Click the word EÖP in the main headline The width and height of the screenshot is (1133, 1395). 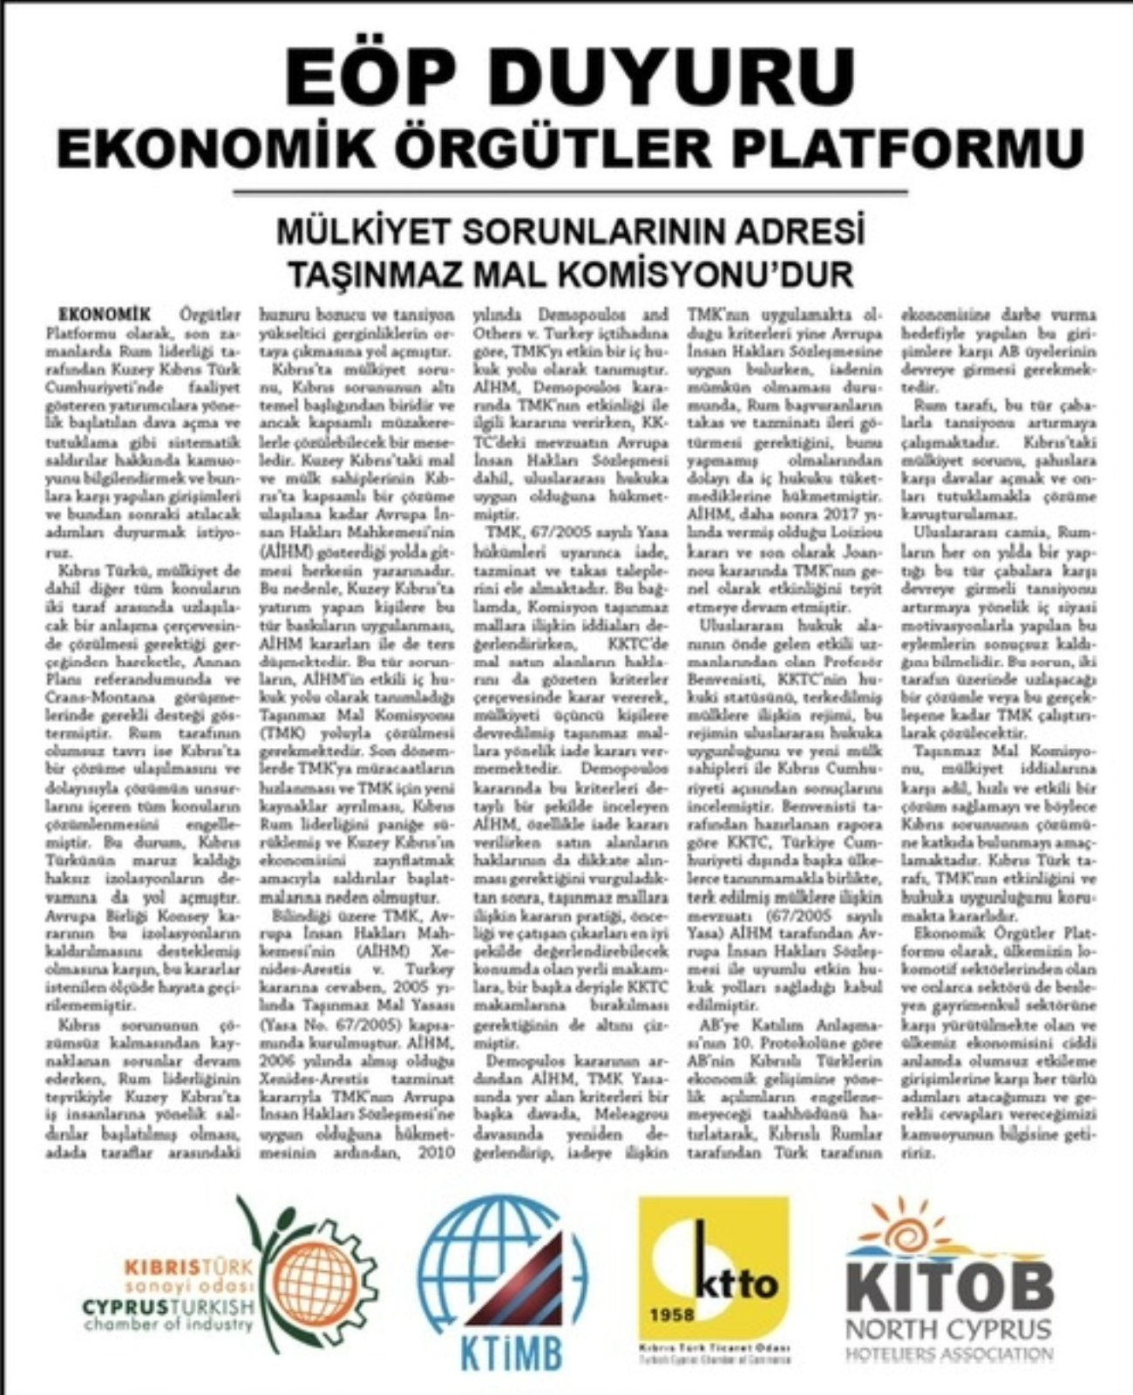pos(373,78)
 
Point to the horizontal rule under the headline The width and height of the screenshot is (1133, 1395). pos(571,193)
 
